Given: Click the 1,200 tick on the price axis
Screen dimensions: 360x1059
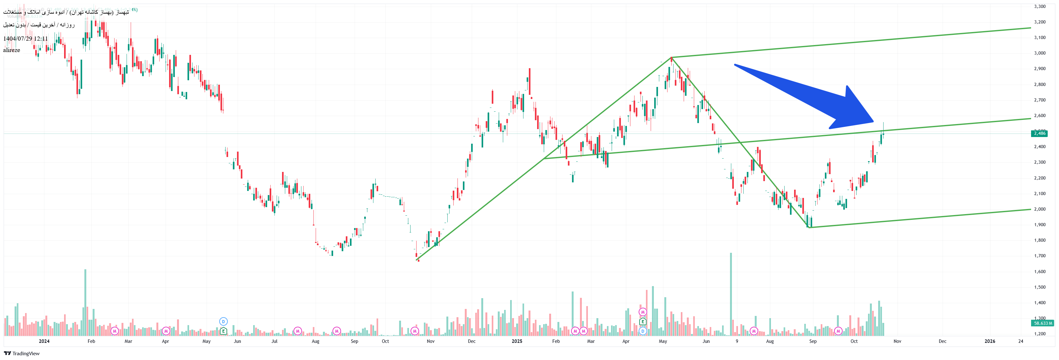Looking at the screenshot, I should [1040, 334].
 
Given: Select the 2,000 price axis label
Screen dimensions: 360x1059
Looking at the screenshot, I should [1040, 209].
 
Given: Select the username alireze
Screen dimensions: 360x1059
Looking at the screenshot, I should [11, 50].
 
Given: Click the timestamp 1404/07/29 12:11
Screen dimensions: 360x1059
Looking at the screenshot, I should [25, 39].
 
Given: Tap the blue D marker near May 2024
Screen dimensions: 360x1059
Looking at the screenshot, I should [223, 321].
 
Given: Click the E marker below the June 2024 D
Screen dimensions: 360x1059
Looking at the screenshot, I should [223, 331].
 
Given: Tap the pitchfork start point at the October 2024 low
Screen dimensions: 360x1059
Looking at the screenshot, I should [417, 260].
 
